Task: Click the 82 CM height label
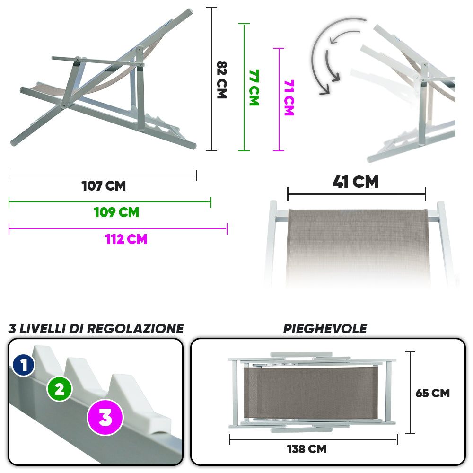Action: (222, 80)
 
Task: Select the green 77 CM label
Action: (254, 88)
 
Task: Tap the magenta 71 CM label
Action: (289, 98)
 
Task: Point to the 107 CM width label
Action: (104, 186)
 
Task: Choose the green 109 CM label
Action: (116, 212)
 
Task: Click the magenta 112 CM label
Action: (126, 239)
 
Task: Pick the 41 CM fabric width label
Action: (356, 182)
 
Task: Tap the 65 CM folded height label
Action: (433, 393)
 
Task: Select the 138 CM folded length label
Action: (307, 449)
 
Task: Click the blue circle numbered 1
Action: (24, 365)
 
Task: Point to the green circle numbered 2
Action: (60, 389)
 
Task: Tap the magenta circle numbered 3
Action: (105, 418)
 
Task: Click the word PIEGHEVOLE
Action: (325, 329)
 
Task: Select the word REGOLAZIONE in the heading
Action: (135, 329)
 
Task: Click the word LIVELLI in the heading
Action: (43, 329)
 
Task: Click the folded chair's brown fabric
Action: (310, 393)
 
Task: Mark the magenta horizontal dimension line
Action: (118, 228)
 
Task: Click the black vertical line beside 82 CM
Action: (211, 79)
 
